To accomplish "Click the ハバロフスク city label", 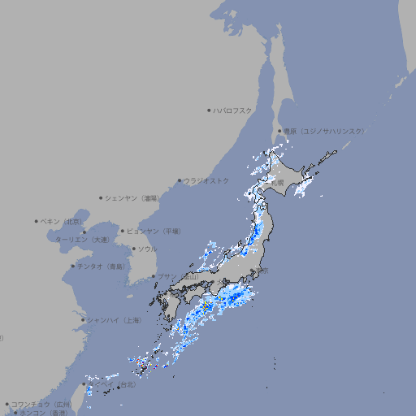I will coord(233,110).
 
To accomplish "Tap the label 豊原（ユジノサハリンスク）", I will coord(323,131).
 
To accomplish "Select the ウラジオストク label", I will coord(206,180).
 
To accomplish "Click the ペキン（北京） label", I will coord(62,221).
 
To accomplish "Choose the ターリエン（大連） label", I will coord(81,240).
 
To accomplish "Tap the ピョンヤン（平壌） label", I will coord(154,231).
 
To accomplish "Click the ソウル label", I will coord(147,249).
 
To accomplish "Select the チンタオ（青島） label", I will coord(102,266).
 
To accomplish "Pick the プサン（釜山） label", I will coord(178,276).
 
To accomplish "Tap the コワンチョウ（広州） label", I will coord(41,404).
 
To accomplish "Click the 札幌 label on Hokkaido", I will coord(277,183).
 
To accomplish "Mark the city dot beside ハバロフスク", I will coord(209,110).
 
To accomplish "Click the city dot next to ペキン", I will coord(37,221).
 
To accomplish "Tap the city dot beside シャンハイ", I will coord(83,320).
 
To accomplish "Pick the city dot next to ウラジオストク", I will coord(180,180).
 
